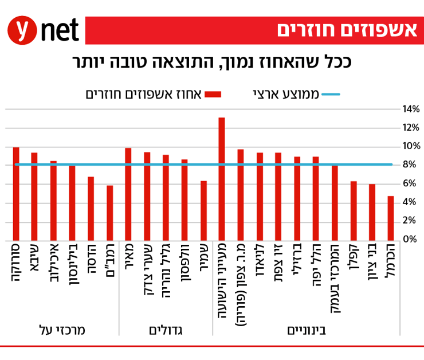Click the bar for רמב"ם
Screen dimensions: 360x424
point(110,213)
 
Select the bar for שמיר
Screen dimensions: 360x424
point(203,210)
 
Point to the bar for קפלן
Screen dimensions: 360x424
point(354,210)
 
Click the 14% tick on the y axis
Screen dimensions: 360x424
point(411,109)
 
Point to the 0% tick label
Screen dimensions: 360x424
point(411,239)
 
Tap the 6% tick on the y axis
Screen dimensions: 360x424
point(411,183)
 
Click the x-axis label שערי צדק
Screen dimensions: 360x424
point(147,269)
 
